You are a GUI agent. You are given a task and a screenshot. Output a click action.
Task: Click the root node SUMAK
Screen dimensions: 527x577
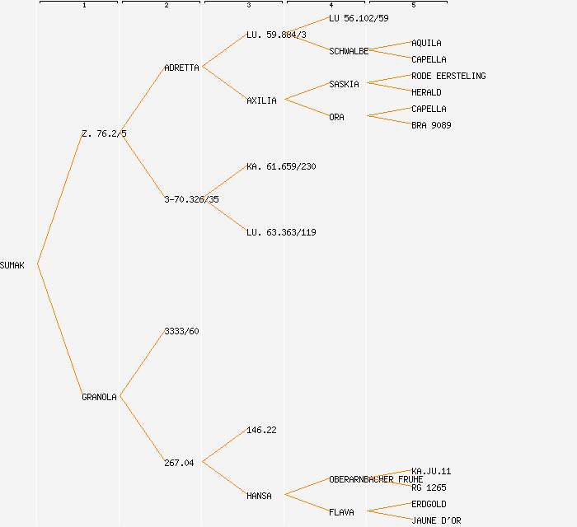12,265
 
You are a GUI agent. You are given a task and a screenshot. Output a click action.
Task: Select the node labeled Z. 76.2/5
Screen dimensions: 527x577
104,133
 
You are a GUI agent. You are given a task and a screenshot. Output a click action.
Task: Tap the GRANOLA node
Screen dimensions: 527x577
99,397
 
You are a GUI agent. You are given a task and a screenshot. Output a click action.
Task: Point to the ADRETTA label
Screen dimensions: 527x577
181,68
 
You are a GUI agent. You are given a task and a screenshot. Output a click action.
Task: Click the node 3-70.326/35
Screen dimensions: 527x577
191,199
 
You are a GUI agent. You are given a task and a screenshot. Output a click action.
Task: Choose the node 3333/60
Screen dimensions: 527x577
181,331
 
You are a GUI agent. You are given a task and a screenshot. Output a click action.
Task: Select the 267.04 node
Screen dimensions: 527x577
179,463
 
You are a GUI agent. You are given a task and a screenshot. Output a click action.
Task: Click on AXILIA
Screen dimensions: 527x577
261,100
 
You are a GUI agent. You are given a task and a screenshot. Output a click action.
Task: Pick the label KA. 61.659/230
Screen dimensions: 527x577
281,166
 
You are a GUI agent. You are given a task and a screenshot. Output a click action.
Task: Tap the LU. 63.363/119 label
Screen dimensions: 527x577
281,232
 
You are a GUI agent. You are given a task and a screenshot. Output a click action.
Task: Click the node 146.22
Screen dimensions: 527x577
261,430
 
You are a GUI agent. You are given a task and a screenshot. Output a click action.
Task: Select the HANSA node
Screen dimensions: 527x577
259,496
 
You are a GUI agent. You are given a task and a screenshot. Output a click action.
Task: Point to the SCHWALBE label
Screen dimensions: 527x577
349,51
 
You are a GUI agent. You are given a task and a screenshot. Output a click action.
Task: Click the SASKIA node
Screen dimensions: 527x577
344,84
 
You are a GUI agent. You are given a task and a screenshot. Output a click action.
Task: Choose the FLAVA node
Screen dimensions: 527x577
341,512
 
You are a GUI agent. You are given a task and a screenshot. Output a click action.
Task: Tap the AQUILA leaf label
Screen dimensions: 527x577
426,43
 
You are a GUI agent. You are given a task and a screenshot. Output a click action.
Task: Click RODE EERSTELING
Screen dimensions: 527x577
448,76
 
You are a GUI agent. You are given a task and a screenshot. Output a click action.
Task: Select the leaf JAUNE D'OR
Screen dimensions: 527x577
436,520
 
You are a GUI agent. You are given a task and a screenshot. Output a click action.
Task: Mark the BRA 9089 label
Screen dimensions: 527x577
431,125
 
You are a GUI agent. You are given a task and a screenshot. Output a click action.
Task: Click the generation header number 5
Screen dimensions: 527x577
414,6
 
